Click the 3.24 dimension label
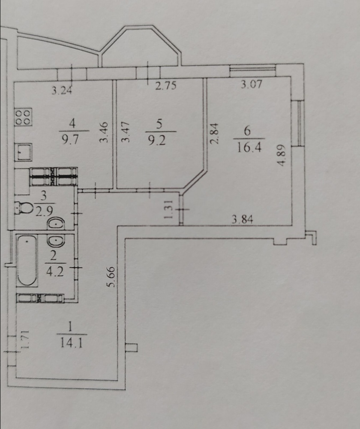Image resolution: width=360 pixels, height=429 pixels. [x=62, y=90]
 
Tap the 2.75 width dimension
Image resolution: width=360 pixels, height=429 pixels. [x=166, y=86]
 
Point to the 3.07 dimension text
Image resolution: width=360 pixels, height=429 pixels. [x=251, y=84]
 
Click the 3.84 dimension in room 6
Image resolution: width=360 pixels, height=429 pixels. [x=243, y=219]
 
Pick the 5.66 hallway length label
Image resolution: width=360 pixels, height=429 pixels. [x=112, y=277]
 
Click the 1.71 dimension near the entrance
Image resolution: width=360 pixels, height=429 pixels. [x=25, y=339]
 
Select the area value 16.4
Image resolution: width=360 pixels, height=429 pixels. [x=249, y=148]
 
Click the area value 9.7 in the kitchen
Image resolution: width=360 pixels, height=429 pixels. [x=71, y=139]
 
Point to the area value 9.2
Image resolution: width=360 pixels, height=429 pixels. [x=157, y=141]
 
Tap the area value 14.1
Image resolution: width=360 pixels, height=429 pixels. [x=71, y=343]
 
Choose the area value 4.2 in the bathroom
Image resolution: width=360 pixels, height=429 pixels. [x=55, y=272]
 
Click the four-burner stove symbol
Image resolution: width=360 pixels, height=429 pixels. [x=23, y=117]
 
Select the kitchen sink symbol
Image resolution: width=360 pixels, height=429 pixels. [x=23, y=152]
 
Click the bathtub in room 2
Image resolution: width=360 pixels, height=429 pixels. [x=27, y=261]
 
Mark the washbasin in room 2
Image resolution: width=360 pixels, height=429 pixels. [x=56, y=241]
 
